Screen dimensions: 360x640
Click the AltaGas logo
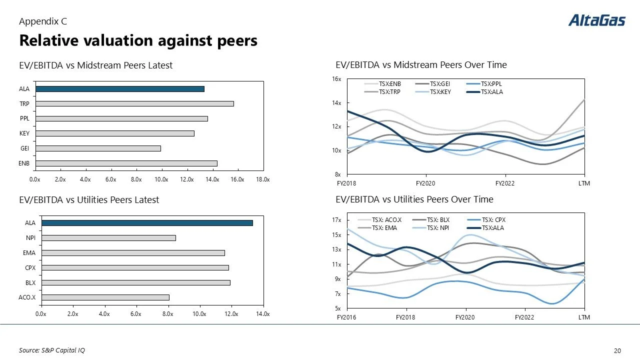pyautogui.click(x=596, y=20)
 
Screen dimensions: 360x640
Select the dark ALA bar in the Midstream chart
pyautogui.click(x=119, y=89)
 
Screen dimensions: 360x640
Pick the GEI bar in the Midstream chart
pyautogui.click(x=98, y=148)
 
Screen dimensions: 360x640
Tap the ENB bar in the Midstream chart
pyautogui.click(x=126, y=163)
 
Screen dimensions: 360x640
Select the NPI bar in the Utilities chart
pyautogui.click(x=108, y=238)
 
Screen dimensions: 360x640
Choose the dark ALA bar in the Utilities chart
pyautogui.click(x=147, y=223)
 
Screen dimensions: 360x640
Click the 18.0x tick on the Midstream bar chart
pyautogui.click(x=262, y=179)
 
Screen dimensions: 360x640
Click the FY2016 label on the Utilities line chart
pyautogui.click(x=346, y=317)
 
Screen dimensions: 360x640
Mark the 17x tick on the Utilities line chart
pyautogui.click(x=336, y=220)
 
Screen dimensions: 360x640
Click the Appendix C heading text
pyautogui.click(x=43, y=21)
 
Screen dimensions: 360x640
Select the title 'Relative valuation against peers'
pyautogui.click(x=138, y=40)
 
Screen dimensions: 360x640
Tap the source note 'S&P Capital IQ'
pyautogui.click(x=48, y=350)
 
